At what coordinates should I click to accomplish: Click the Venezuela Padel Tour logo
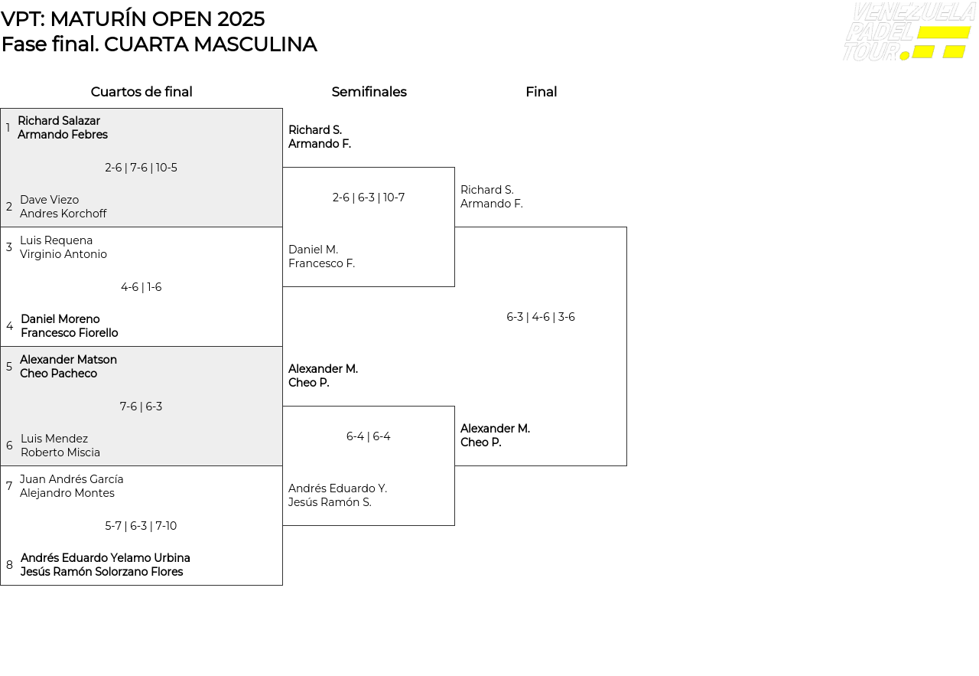point(908,32)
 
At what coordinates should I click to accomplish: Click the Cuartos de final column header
point(141,92)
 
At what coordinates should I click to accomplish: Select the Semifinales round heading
point(369,92)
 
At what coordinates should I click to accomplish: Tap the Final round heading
point(541,92)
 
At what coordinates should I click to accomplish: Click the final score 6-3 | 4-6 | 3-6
point(541,317)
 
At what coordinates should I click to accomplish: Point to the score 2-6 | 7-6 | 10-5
point(141,168)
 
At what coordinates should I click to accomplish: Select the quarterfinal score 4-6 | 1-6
point(141,287)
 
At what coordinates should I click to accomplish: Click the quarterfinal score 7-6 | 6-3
point(141,407)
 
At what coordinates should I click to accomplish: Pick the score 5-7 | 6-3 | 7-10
point(141,526)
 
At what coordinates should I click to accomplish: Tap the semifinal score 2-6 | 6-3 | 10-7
point(369,198)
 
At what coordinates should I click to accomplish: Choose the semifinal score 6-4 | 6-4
point(369,436)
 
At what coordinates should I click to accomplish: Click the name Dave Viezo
point(49,200)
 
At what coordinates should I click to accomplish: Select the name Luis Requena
point(56,240)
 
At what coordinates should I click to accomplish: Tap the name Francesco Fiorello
point(69,333)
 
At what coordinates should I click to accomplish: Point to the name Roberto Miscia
point(60,452)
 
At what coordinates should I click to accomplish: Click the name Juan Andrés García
point(71,479)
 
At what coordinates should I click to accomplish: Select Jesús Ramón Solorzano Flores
point(102,572)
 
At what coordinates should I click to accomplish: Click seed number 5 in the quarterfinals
point(9,367)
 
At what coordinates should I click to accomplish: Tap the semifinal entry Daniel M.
point(313,250)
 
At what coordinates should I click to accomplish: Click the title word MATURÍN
point(99,19)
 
